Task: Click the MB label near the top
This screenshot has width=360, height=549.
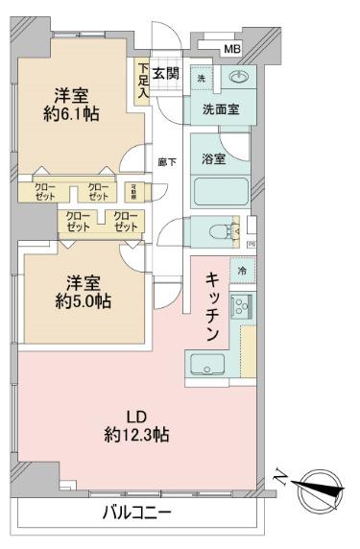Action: coord(232,48)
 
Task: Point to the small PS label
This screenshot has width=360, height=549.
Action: coord(252,245)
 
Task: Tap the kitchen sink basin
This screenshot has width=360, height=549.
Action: coord(206,364)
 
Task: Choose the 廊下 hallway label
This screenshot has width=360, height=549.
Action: coord(166,162)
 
